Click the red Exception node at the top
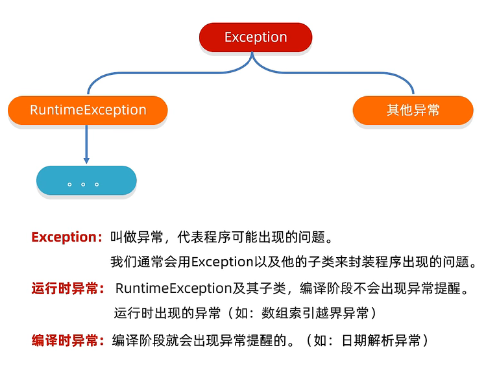pyautogui.click(x=255, y=37)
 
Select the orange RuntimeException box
pyautogui.click(x=88, y=110)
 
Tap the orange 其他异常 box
pyautogui.click(x=413, y=110)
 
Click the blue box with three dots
pyautogui.click(x=87, y=180)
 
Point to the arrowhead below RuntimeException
pyautogui.click(x=87, y=160)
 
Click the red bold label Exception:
pyautogui.click(x=67, y=237)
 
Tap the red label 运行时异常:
pyautogui.click(x=68, y=289)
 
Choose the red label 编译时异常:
pyautogui.click(x=68, y=340)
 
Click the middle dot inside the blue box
pyautogui.click(x=83, y=184)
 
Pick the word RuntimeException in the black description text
pyautogui.click(x=174, y=289)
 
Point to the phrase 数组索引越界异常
pyautogui.click(x=315, y=313)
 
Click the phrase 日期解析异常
pyautogui.click(x=381, y=340)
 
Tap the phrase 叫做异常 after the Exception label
pyautogui.click(x=137, y=237)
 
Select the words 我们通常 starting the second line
pyautogui.click(x=137, y=262)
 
